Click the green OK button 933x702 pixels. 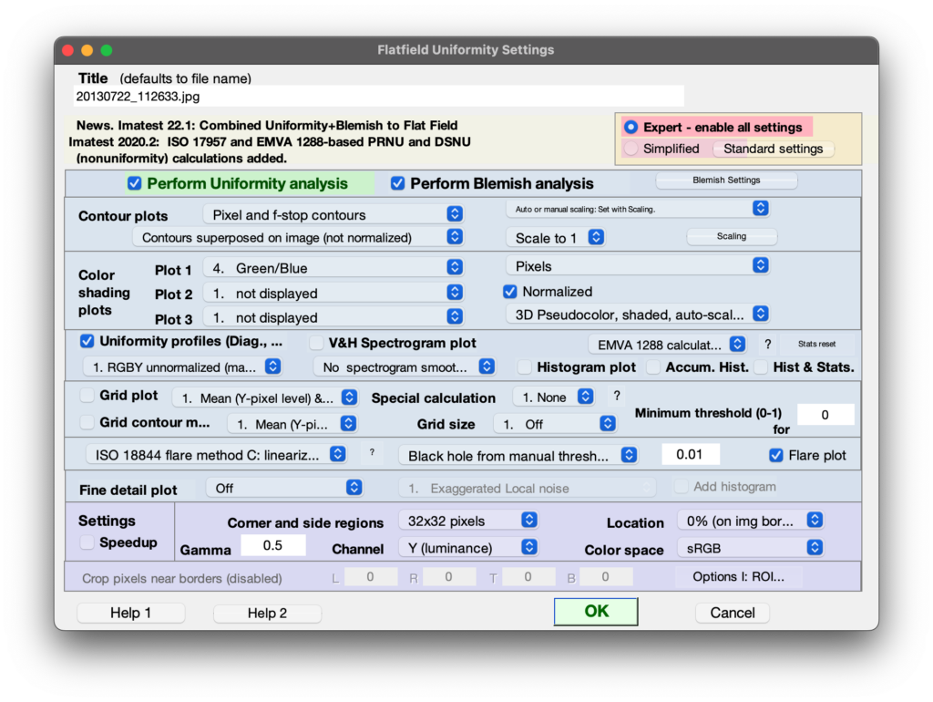(x=596, y=612)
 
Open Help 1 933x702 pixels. (x=131, y=613)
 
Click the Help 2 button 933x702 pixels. (x=267, y=613)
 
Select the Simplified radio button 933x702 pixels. (x=631, y=149)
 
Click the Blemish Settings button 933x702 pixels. (x=726, y=180)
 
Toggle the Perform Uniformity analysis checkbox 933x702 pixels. (x=135, y=183)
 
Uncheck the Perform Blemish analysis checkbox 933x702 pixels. (x=397, y=183)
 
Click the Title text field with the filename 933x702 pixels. (x=378, y=97)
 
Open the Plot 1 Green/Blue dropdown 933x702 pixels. (x=333, y=268)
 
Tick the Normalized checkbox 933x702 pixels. (x=510, y=292)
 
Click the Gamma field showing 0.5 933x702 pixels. (x=273, y=545)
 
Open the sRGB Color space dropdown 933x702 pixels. (x=751, y=548)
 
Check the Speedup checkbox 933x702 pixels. (x=87, y=542)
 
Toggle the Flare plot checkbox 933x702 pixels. (x=776, y=456)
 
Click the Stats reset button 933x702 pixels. (x=816, y=344)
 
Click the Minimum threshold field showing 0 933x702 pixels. (x=825, y=415)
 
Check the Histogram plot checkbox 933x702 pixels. (x=525, y=367)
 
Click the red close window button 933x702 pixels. (x=67, y=51)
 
